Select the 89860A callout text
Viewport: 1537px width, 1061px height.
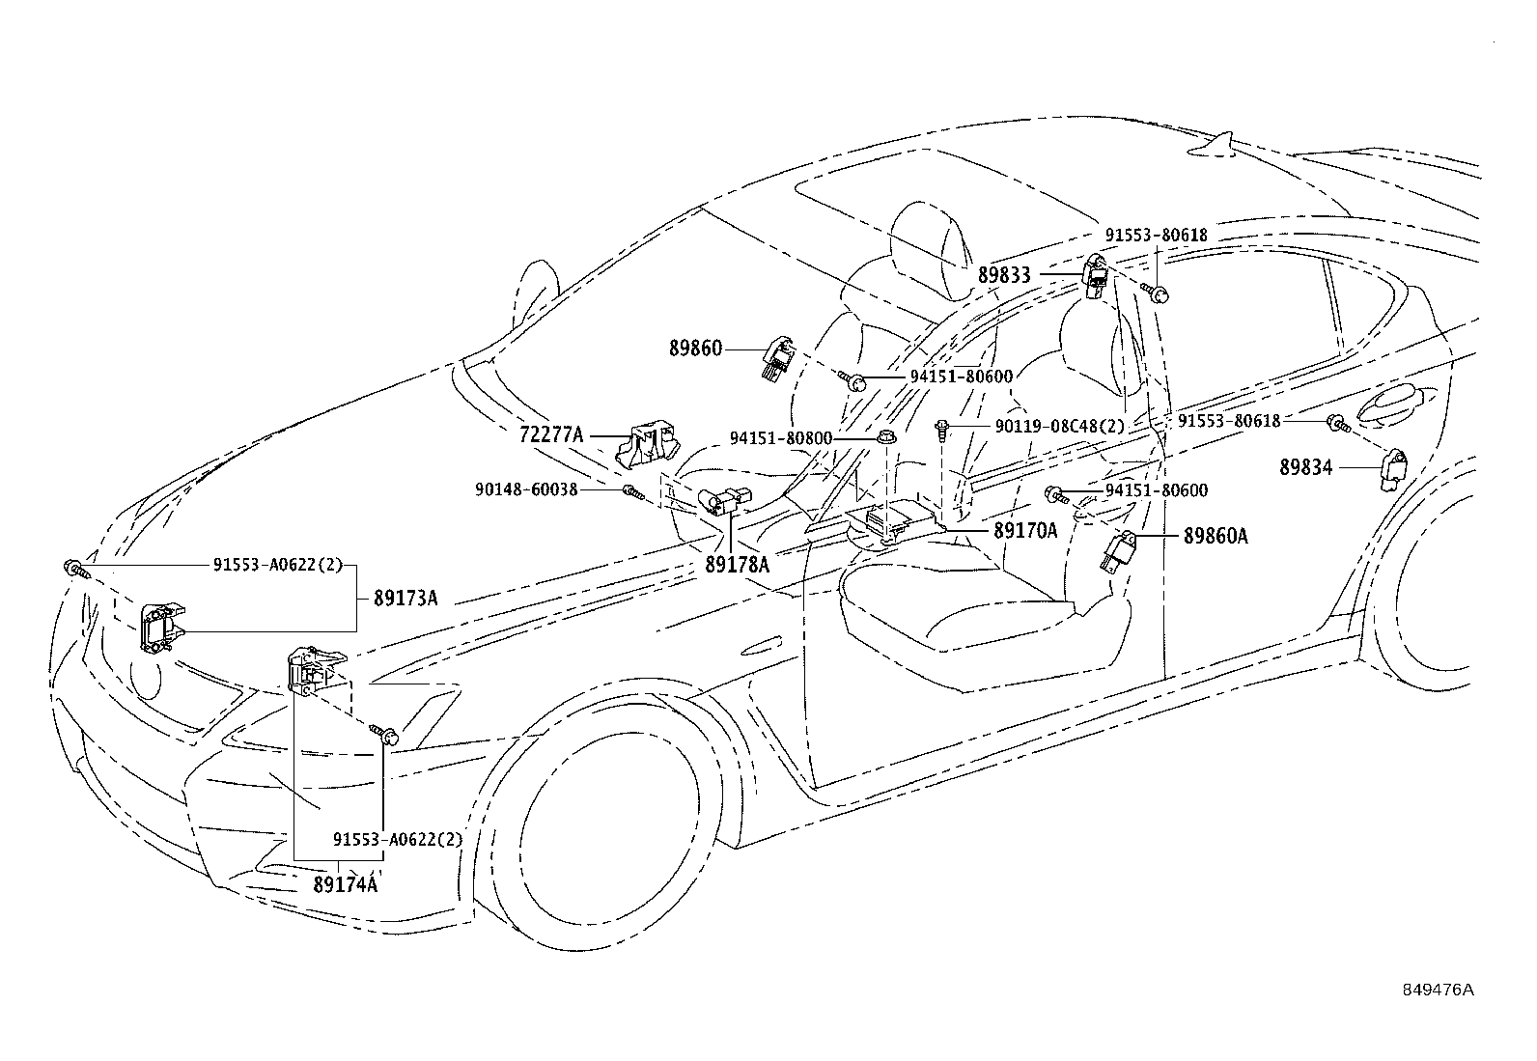[x=1216, y=536]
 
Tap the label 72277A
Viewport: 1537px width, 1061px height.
[x=551, y=434]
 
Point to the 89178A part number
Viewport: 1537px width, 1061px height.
[x=737, y=565]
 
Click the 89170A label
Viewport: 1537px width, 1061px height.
[x=1026, y=531]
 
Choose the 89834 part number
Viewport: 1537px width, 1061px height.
[x=1305, y=468]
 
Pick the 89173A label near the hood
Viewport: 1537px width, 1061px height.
[x=405, y=599]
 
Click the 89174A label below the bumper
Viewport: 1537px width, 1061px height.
[x=345, y=884]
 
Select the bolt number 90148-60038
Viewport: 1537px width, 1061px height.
[x=526, y=490]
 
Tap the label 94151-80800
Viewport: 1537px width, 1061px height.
[x=781, y=438]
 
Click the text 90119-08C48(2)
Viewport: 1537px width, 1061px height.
[x=1060, y=427]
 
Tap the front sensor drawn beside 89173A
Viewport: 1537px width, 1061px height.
[x=162, y=627]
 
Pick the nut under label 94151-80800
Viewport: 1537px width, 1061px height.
[x=886, y=437]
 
